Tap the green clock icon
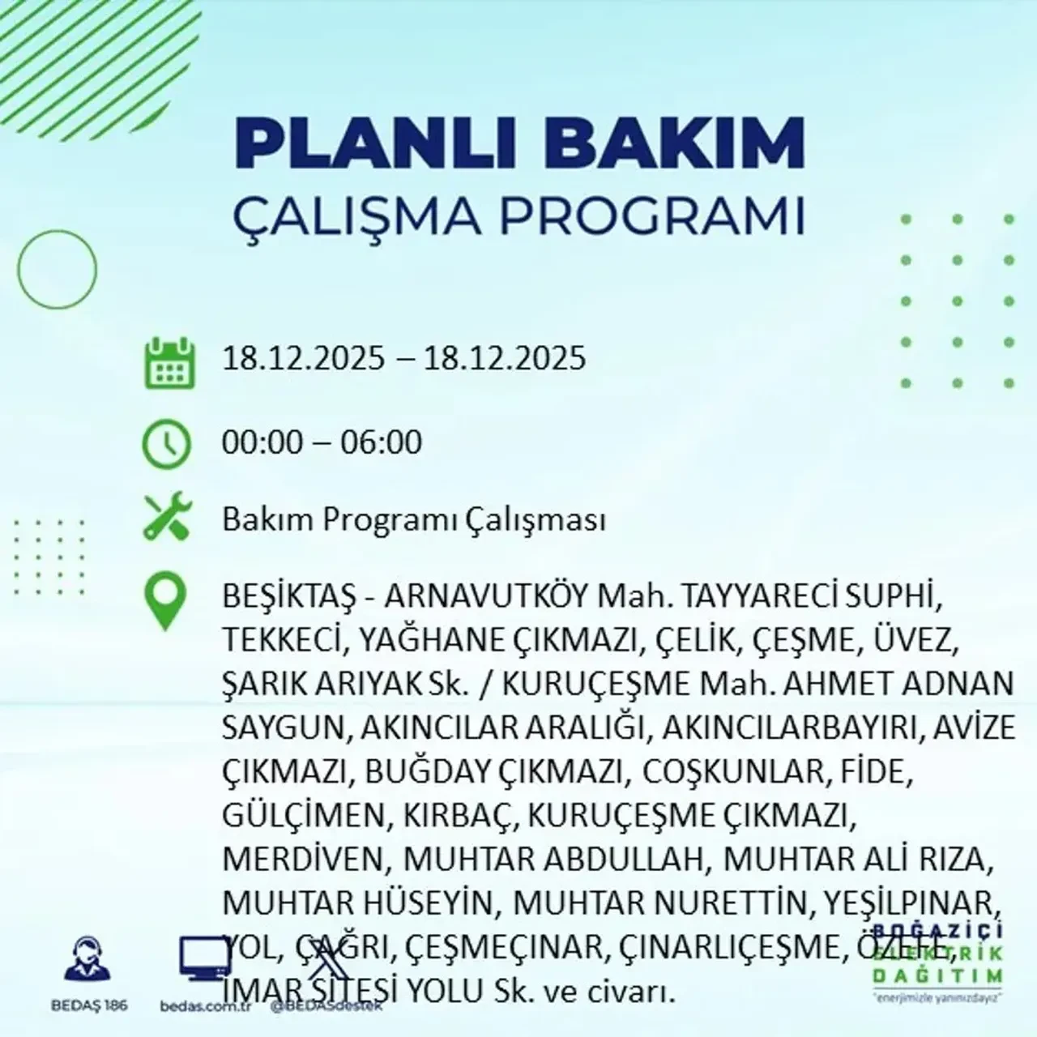coord(167,445)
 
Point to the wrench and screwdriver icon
coord(167,518)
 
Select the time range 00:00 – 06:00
coord(322,443)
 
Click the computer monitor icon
coord(203,962)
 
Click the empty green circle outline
coord(57,268)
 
